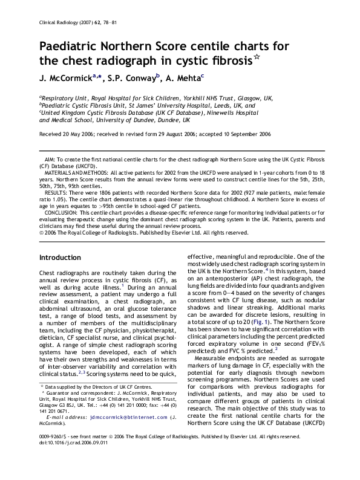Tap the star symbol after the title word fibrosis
click(x=257, y=58)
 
